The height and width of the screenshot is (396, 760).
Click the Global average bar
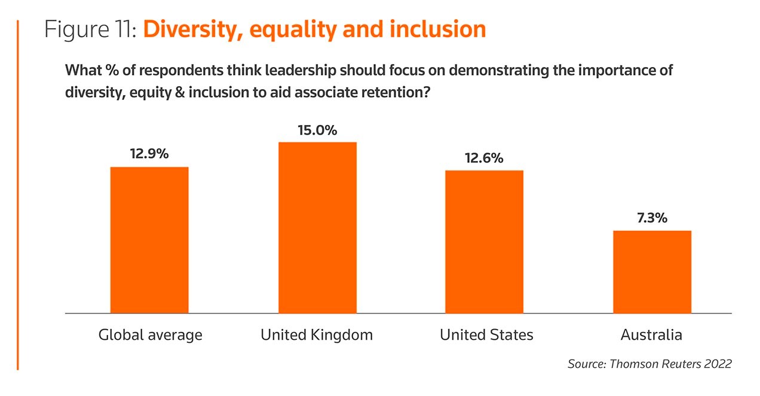149,239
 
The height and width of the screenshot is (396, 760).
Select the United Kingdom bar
317,227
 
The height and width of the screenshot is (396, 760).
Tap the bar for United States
485,241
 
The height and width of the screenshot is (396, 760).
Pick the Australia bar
652,271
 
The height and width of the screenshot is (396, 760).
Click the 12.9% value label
149,154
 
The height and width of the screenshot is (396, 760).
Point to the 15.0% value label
317,129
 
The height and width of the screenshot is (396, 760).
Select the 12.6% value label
485,158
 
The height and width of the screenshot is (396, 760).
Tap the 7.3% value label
652,218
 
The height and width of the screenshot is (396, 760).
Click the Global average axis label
150,334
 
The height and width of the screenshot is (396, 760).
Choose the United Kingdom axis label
317,334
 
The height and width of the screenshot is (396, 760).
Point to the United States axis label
486,334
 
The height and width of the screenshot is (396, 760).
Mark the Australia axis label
651,334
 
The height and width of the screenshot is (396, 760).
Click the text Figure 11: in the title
91,29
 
